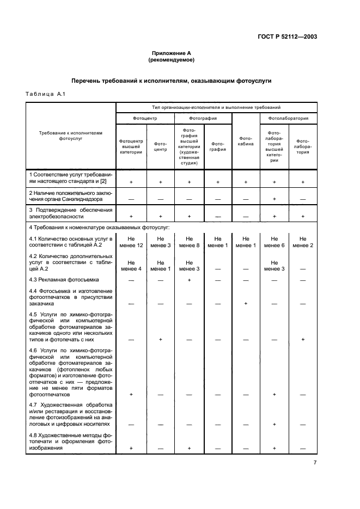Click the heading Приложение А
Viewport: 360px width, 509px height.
click(x=172, y=53)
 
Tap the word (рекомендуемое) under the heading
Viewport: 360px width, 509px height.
click(x=172, y=60)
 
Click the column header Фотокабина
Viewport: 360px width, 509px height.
click(x=246, y=142)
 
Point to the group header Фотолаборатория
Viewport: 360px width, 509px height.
click(x=289, y=118)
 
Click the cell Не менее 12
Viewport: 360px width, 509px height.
click(x=131, y=242)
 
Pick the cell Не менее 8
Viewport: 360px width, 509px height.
click(x=190, y=242)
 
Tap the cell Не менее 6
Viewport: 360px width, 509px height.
click(x=274, y=242)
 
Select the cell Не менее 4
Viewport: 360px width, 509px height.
click(x=131, y=265)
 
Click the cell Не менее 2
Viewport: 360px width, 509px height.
click(x=303, y=242)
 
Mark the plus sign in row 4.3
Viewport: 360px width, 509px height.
click(x=190, y=280)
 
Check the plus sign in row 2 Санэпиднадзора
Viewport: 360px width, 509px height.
click(x=274, y=199)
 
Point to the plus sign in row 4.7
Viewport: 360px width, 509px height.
click(x=274, y=424)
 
